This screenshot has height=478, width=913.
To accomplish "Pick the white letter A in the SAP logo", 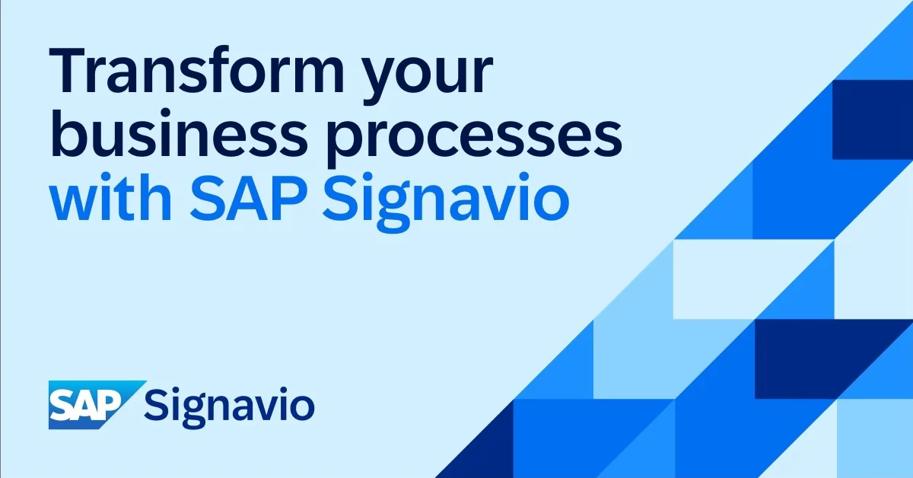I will pyautogui.click(x=87, y=404).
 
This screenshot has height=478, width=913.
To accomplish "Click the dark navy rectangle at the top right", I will pyautogui.click(x=872, y=119).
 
